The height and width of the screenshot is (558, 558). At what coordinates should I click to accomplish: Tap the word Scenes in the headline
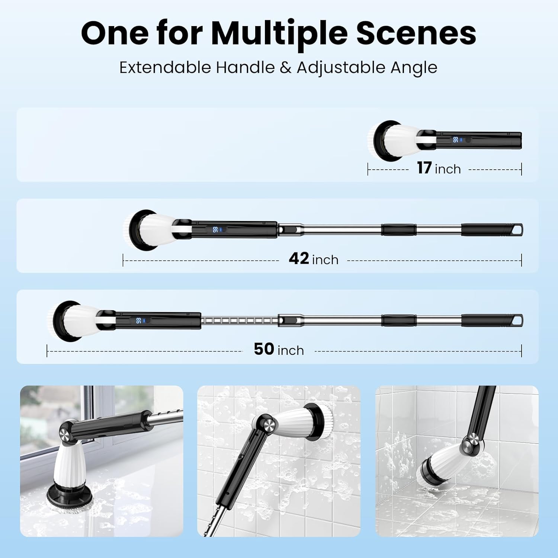click(416, 33)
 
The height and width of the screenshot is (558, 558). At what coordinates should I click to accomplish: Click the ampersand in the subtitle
click(285, 68)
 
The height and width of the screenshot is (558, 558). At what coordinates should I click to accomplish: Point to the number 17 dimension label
click(424, 168)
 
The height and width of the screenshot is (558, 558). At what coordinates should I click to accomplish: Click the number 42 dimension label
click(299, 259)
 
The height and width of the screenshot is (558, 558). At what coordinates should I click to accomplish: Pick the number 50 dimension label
click(264, 349)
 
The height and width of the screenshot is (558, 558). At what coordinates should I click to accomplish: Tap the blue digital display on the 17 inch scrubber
click(456, 139)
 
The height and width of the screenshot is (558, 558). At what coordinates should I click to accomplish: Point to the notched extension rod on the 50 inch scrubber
click(240, 320)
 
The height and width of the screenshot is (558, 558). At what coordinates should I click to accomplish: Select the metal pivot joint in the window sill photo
click(65, 433)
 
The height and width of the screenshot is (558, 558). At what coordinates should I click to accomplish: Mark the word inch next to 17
click(448, 169)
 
